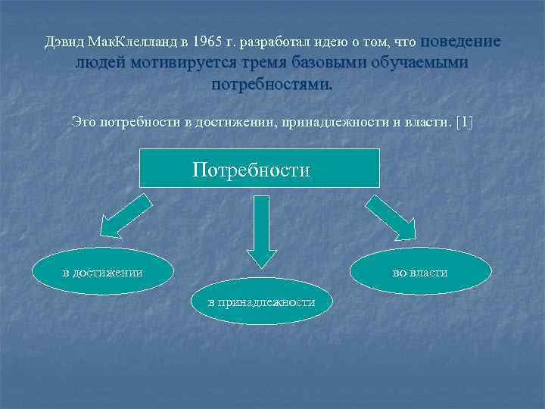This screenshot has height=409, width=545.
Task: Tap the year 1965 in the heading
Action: pos(207,43)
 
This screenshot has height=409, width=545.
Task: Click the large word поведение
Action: pos(459,42)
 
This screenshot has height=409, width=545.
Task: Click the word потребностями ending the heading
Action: pos(272,83)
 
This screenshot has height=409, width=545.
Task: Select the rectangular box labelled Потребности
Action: pos(260,168)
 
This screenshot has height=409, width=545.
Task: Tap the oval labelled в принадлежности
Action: pos(262,301)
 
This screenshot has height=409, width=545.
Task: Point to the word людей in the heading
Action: pos(100,63)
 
